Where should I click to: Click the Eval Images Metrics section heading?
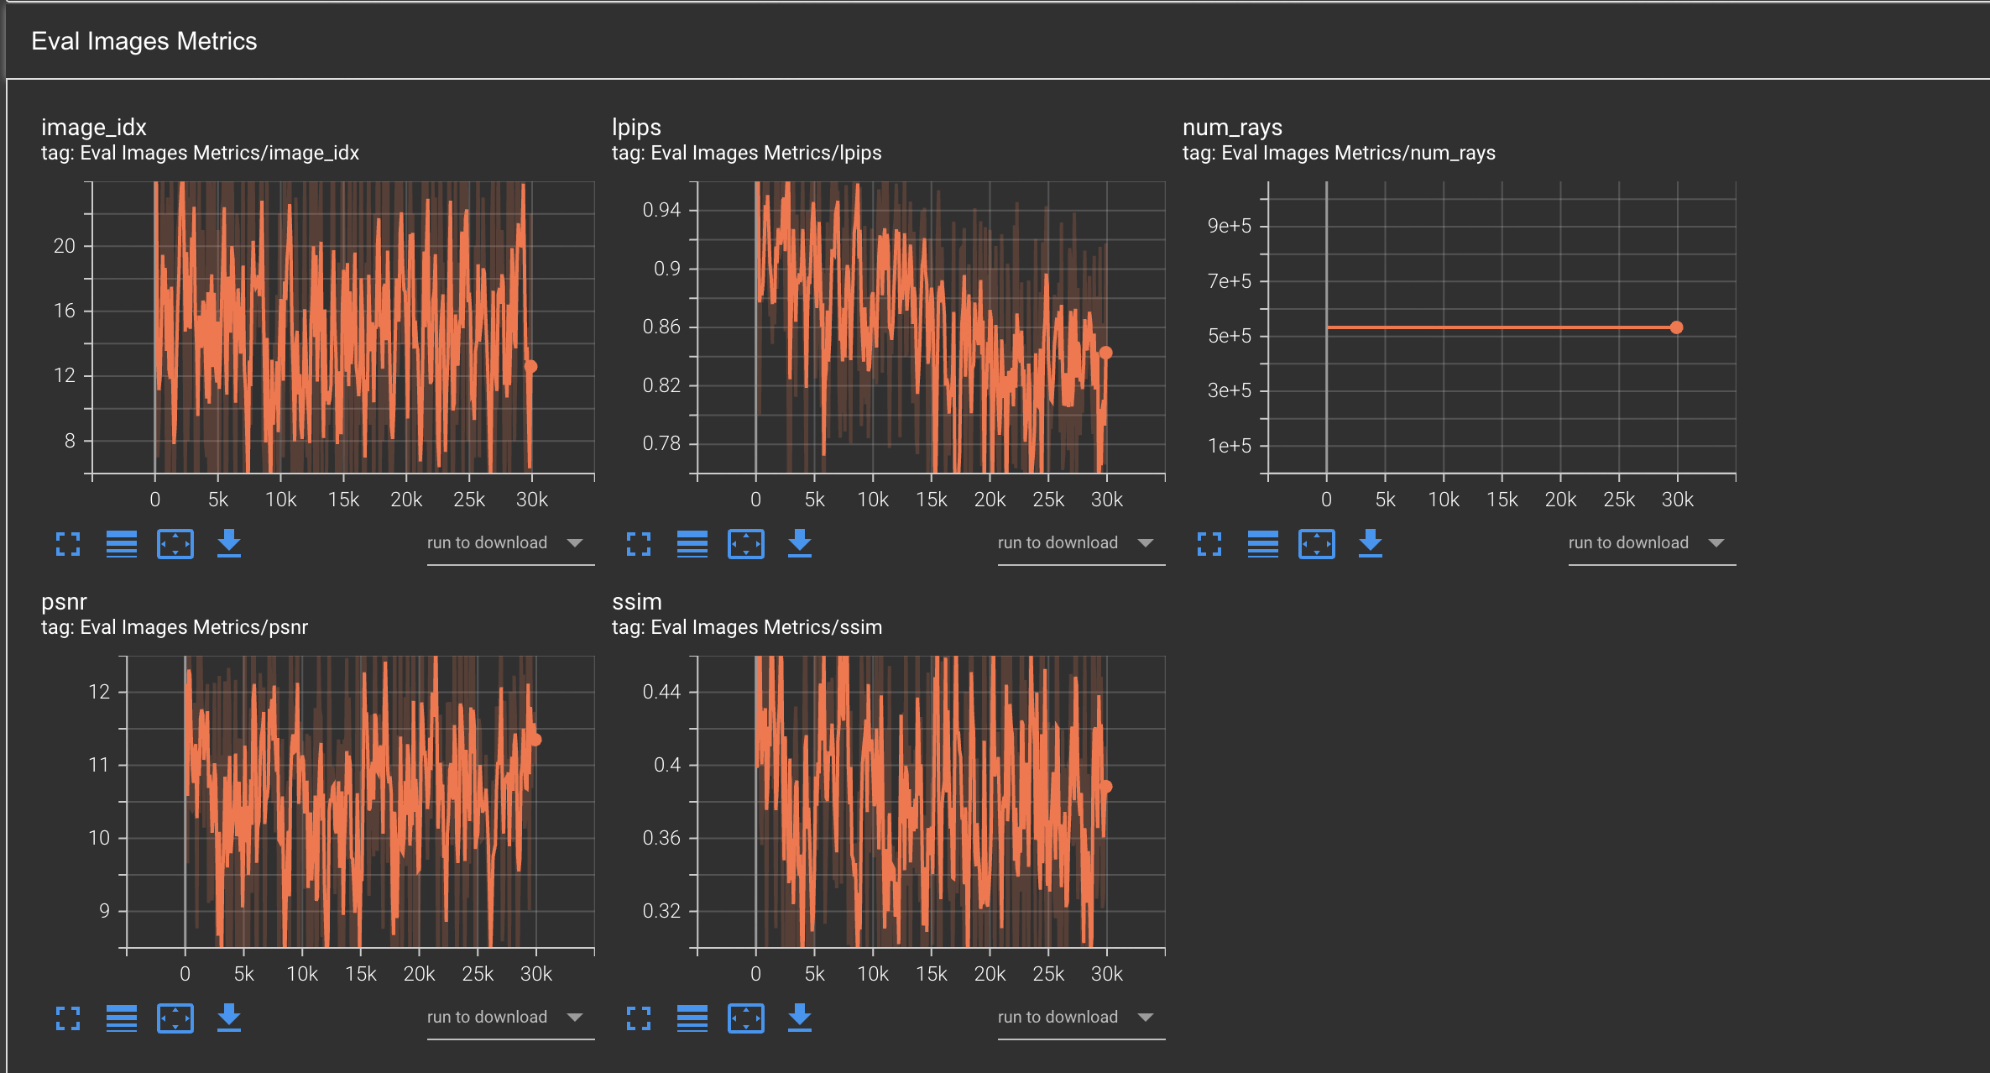click(144, 41)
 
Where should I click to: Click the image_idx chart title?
click(93, 127)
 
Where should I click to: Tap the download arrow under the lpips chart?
click(799, 543)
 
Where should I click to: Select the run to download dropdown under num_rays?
click(1645, 543)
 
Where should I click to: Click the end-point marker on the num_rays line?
click(1676, 327)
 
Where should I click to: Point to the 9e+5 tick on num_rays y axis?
click(1229, 226)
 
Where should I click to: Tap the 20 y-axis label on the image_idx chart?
click(65, 246)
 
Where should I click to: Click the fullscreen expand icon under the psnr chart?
click(68, 1018)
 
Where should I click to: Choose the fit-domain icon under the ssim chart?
click(745, 1018)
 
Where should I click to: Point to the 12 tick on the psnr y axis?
click(99, 692)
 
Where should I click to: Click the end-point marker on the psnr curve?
click(535, 740)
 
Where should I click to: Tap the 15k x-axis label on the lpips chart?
click(931, 500)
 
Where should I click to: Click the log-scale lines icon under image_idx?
click(122, 543)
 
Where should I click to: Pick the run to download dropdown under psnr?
click(504, 1018)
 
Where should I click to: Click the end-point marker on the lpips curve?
click(1105, 353)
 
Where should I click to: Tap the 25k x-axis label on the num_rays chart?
click(1618, 500)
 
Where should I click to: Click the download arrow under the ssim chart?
click(799, 1018)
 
